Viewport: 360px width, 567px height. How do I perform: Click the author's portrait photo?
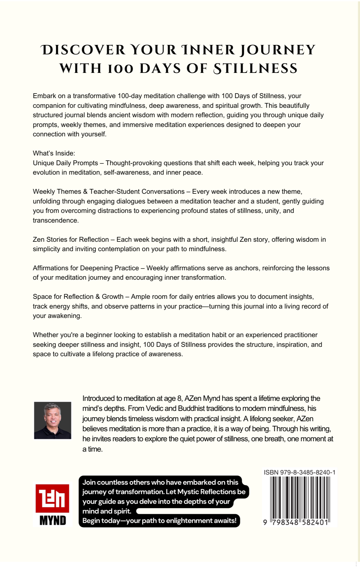[x=53, y=420]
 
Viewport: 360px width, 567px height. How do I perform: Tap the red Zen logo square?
[x=52, y=498]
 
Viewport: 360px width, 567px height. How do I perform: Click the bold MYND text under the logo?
[x=53, y=521]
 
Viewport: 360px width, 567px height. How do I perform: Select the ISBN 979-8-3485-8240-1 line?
[x=299, y=472]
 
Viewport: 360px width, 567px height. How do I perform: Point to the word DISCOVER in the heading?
[x=83, y=50]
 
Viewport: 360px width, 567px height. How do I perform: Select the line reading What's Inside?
[x=54, y=153]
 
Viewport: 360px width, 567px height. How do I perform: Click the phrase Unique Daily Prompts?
[x=65, y=163]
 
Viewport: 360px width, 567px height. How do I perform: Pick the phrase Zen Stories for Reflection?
[x=71, y=239]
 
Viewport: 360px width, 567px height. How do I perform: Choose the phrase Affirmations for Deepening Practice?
[x=86, y=268]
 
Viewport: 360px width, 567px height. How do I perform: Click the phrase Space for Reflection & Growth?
[x=78, y=296]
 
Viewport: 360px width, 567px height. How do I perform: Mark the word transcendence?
[x=56, y=220]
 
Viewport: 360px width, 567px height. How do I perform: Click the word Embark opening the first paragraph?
[x=44, y=96]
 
